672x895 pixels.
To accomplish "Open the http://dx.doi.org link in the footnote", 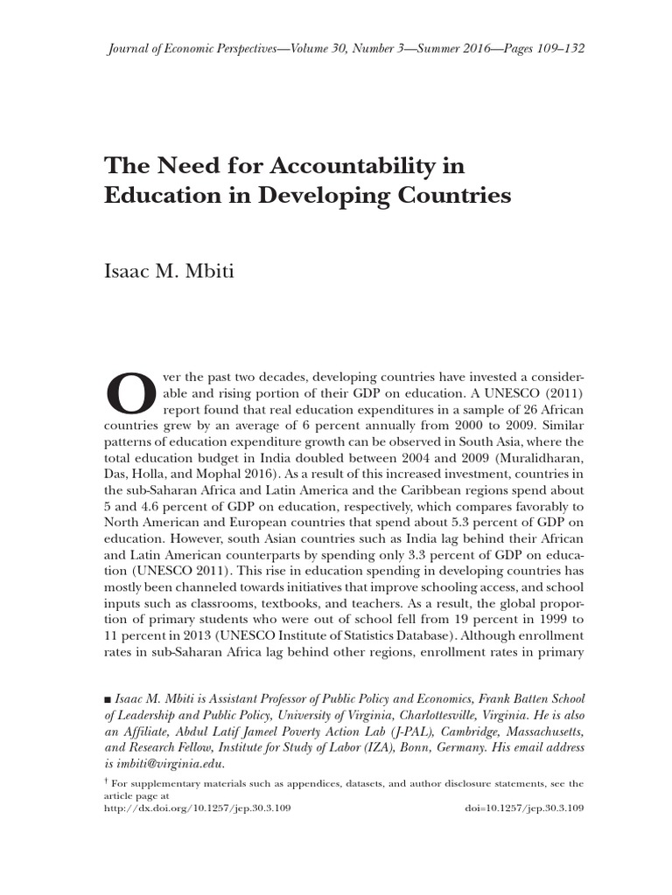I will click(x=197, y=808).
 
